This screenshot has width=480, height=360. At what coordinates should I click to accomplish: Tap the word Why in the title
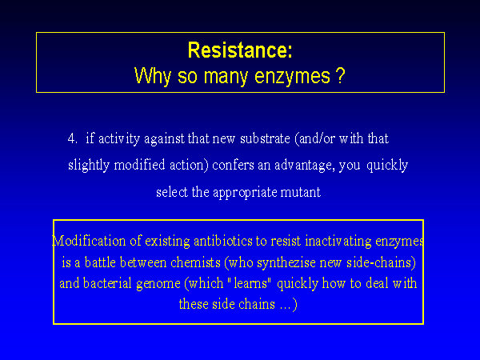point(152,77)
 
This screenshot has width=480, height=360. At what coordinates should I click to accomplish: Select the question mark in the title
point(341,75)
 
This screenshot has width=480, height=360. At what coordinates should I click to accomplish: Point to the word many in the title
point(226,78)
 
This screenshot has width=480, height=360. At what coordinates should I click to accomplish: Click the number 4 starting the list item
point(72,138)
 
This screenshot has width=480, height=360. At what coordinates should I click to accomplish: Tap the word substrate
point(265,138)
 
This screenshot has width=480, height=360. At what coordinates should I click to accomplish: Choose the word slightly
point(89,166)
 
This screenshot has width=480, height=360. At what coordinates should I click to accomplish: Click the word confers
point(233,166)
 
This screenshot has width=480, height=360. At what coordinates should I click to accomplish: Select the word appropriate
point(245,193)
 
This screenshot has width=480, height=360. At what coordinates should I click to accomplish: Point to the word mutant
point(300,193)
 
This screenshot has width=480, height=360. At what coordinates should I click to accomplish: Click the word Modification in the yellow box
point(89,241)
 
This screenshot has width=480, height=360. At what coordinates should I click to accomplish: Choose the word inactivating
point(338,242)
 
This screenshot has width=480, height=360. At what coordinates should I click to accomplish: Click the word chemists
point(195,262)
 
